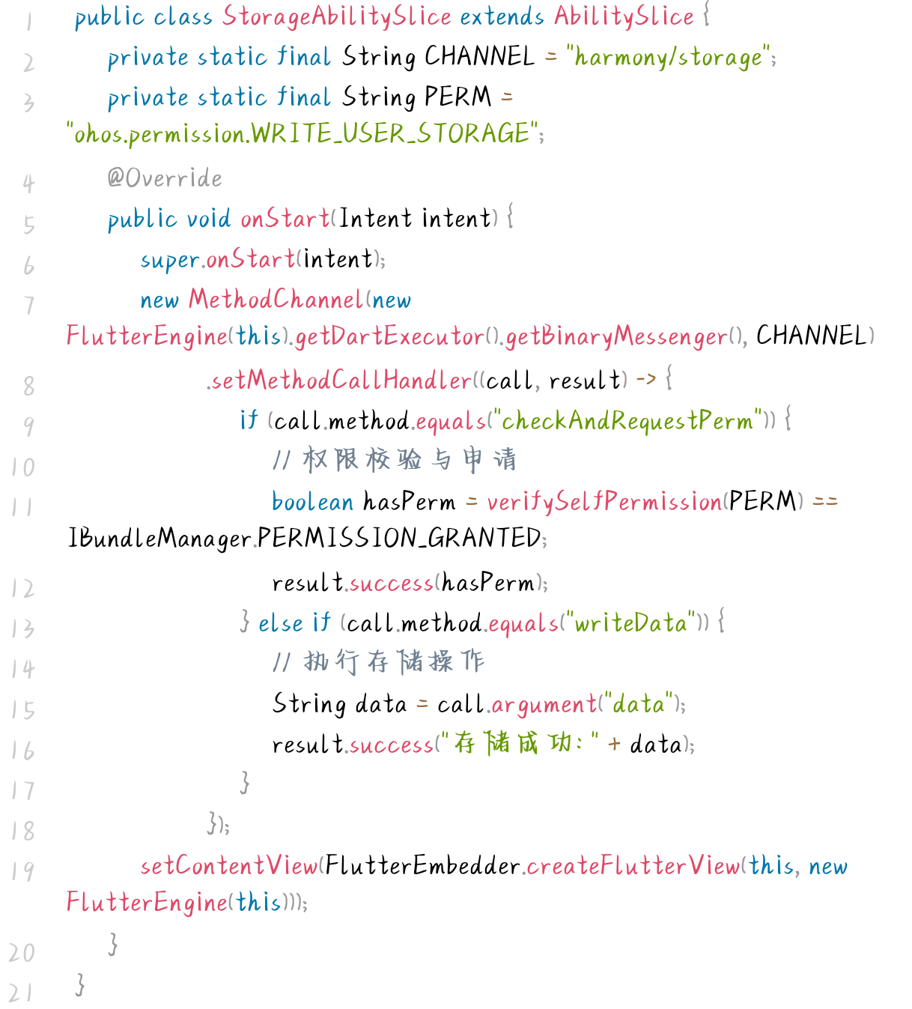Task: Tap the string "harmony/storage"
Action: pyautogui.click(x=669, y=57)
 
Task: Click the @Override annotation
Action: pyautogui.click(x=165, y=178)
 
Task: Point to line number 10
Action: pyautogui.click(x=22, y=467)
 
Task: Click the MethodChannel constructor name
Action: pyautogui.click(x=276, y=300)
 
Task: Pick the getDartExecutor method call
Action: pyautogui.click(x=389, y=336)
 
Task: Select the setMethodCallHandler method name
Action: pyautogui.click(x=341, y=381)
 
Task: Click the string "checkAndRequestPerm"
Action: pyautogui.click(x=627, y=421)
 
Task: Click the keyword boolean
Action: pyautogui.click(x=312, y=501)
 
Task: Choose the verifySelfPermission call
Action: pyautogui.click(x=604, y=501)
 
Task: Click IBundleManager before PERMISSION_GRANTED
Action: pyautogui.click(x=159, y=538)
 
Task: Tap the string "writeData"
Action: pyautogui.click(x=631, y=623)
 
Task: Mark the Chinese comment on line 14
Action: pyautogui.click(x=379, y=661)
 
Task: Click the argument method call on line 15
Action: pyautogui.click(x=543, y=704)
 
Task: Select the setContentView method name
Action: pyautogui.click(x=228, y=866)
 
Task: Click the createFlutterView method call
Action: pyautogui.click(x=633, y=866)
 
